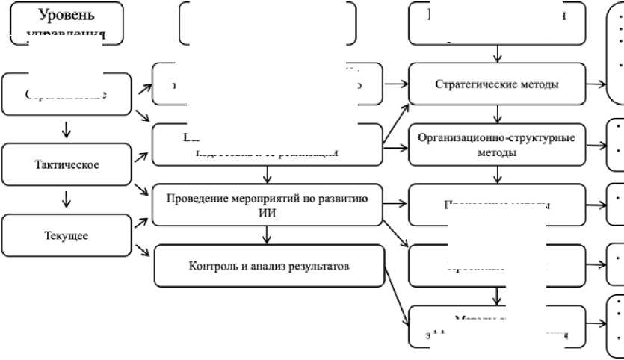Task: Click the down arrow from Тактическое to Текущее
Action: point(67,199)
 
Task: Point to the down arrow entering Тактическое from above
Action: point(67,129)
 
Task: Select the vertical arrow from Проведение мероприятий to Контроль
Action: point(267,235)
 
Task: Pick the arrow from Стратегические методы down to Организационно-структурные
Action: point(498,113)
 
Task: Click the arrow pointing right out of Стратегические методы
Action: point(596,84)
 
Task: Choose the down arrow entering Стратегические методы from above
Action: point(498,55)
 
